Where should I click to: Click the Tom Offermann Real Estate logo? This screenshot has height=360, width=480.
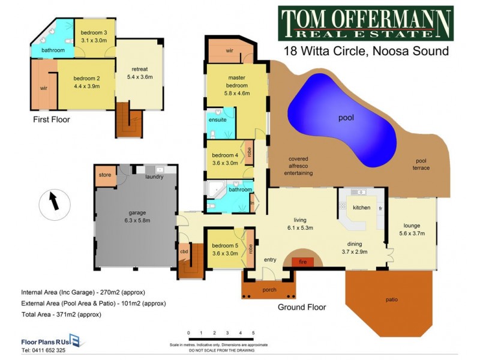click(x=365, y=23)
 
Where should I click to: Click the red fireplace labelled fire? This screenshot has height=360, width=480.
click(x=302, y=262)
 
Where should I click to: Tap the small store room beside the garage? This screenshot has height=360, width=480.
click(x=105, y=176)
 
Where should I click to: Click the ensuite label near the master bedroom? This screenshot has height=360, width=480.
click(x=217, y=120)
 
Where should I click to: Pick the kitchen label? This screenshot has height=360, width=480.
click(x=361, y=208)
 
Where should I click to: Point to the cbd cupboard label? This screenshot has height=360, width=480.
click(x=184, y=251)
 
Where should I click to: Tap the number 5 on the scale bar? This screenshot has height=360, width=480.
click(x=253, y=332)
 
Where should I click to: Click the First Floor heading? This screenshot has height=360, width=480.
click(x=52, y=119)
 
